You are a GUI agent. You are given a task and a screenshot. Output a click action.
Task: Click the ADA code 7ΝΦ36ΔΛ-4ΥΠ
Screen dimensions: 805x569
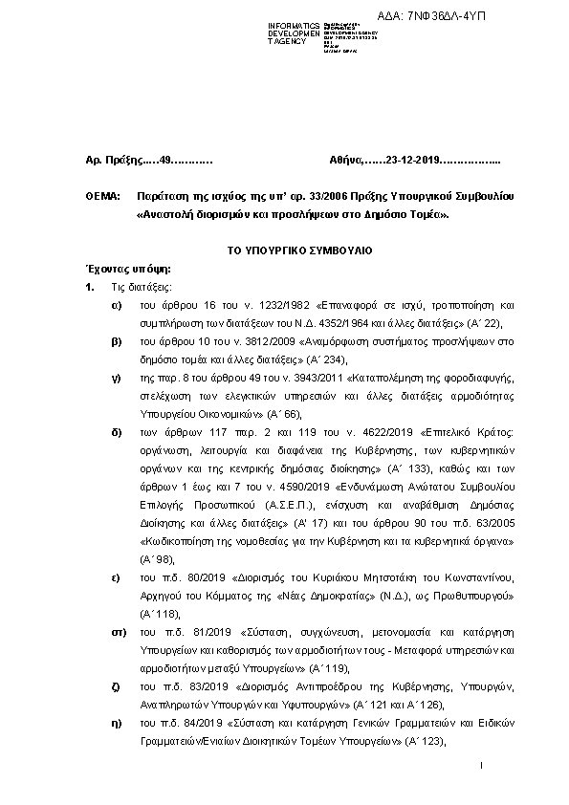pos(472,17)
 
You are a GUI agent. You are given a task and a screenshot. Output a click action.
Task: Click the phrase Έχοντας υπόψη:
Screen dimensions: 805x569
pos(121,269)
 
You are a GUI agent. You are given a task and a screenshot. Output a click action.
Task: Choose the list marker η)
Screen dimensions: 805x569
pos(116,723)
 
